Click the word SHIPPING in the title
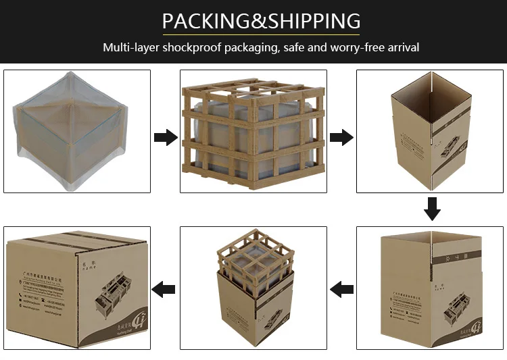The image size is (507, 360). pyautogui.click(x=314, y=20)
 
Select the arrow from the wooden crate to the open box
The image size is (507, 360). pyautogui.click(x=341, y=138)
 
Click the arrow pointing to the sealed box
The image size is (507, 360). pyautogui.click(x=164, y=290)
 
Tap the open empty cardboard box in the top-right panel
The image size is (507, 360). pyautogui.click(x=429, y=132)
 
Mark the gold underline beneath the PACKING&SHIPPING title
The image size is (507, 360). pyautogui.click(x=261, y=33)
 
